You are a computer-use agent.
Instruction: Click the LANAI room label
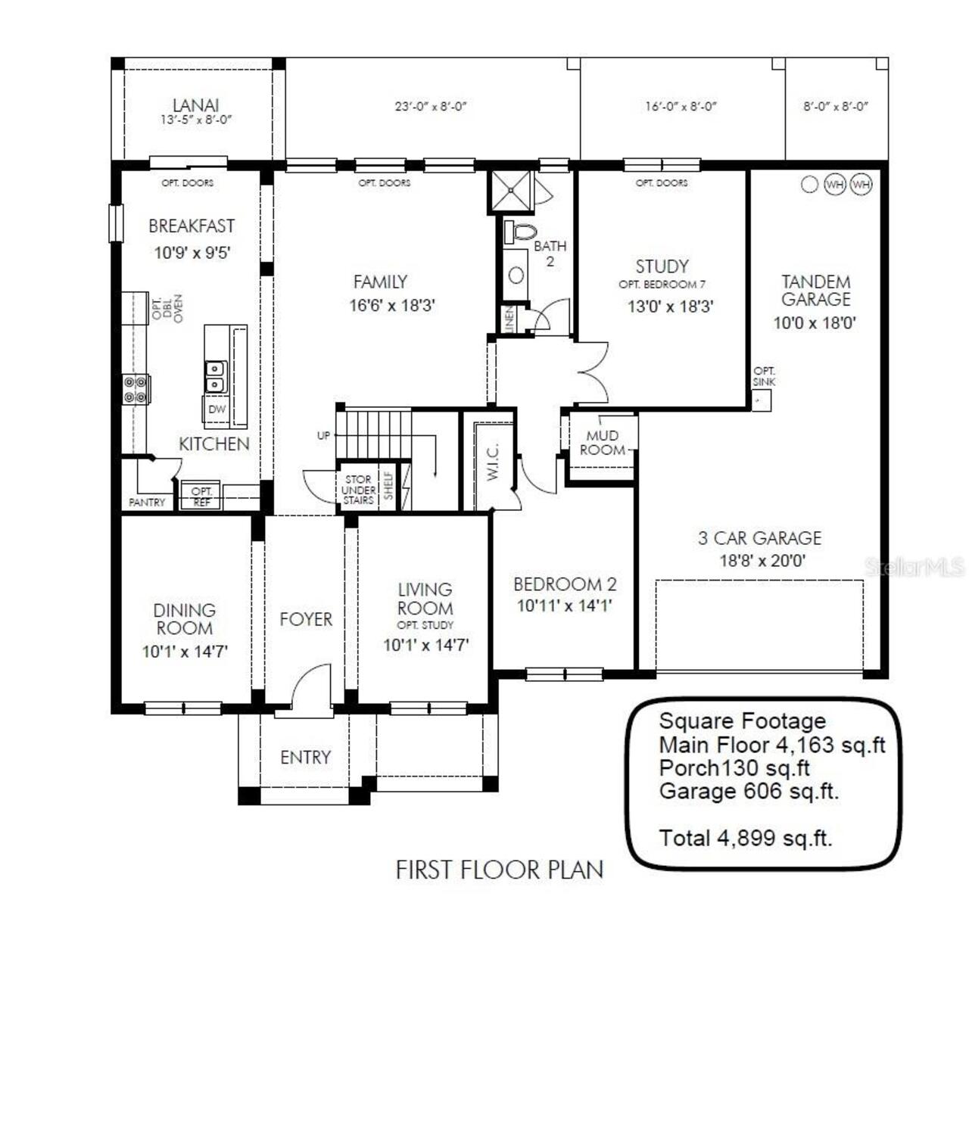(195, 105)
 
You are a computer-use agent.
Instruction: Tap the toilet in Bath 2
(520, 232)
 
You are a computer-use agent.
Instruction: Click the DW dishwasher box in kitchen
(217, 409)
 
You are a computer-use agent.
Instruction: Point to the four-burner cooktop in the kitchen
(136, 389)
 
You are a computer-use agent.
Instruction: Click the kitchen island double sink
(216, 376)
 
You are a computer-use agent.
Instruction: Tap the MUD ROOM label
(603, 443)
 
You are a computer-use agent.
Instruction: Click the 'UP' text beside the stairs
(323, 435)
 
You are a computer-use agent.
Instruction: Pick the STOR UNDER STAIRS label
(358, 490)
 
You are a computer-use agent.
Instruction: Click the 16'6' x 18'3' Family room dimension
(392, 306)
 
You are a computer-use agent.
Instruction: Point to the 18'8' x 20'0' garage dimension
(762, 561)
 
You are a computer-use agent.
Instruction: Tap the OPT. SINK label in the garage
(764, 376)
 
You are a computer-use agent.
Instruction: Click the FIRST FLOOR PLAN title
(500, 870)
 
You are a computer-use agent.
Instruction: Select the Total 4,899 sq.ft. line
(746, 839)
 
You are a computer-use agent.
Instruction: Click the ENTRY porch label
(305, 757)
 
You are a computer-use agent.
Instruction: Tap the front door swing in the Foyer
(310, 686)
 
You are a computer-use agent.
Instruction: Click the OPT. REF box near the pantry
(201, 496)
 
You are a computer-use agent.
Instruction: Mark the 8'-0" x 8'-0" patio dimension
(836, 107)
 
